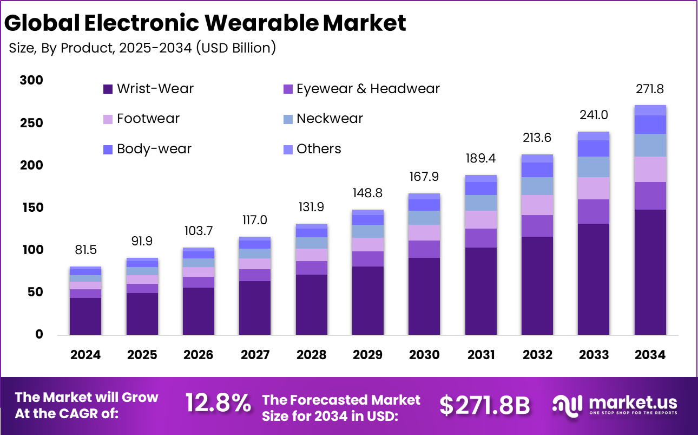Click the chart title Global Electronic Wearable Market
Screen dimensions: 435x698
205,23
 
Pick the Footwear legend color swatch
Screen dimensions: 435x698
108,119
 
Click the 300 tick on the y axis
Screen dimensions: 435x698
31,80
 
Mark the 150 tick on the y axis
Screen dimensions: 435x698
31,207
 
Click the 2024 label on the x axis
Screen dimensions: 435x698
85,355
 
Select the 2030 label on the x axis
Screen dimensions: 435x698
424,355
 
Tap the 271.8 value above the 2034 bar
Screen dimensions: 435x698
650,89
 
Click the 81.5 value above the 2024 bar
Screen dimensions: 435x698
85,250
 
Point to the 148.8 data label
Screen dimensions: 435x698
368,193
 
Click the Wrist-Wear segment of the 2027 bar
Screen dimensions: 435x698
255,308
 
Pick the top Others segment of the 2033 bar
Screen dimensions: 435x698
594,136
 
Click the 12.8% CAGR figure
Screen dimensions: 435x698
218,404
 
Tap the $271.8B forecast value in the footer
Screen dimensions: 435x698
484,405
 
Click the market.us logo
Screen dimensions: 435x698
614,405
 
